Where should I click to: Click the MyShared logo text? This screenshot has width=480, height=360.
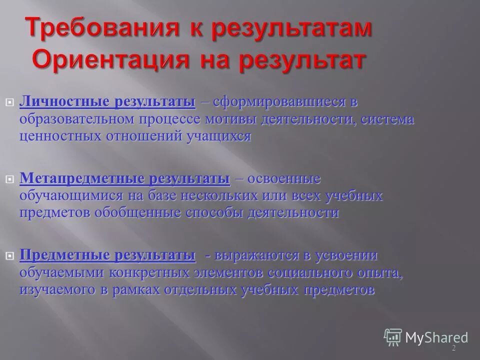coord(436,337)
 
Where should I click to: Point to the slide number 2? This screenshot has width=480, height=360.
coord(453,347)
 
